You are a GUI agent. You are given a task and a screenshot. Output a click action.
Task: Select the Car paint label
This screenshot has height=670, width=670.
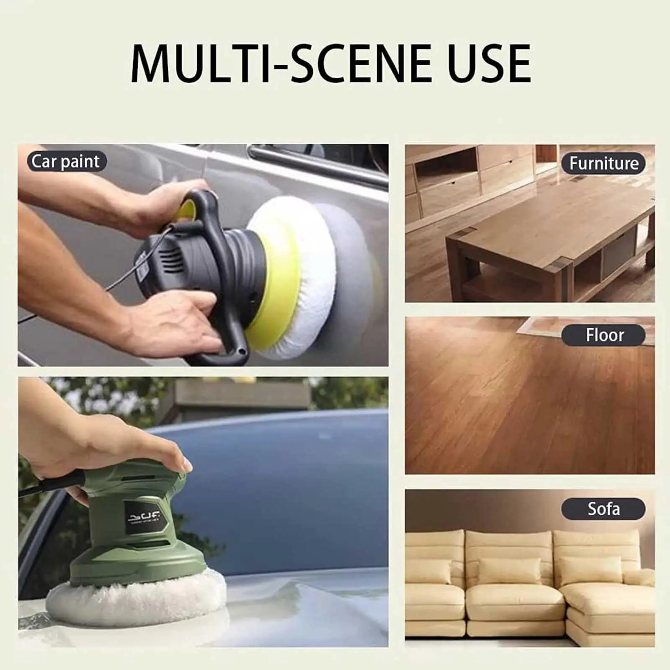pos(66,162)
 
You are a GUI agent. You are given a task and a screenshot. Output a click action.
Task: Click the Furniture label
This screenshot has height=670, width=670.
pos(603,163)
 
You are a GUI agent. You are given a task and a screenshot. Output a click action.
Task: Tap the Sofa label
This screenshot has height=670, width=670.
pos(603,509)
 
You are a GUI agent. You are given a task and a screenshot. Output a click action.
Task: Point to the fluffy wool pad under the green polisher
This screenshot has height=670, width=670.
pos(134,599)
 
